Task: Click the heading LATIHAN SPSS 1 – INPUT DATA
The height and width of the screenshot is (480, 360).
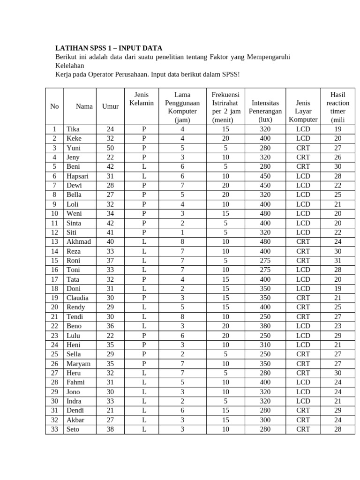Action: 109,48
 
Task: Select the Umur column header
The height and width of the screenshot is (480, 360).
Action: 110,106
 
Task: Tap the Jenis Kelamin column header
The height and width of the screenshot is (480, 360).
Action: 141,99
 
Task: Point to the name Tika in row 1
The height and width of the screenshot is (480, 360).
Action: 73,129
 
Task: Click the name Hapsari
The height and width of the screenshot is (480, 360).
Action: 78,176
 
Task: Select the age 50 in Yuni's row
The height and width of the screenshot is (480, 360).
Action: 110,148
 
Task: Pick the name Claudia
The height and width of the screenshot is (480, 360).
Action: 77,298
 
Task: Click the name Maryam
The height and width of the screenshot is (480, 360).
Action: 78,363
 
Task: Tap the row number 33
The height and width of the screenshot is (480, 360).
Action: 54,429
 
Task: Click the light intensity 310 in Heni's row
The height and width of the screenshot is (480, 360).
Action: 265,345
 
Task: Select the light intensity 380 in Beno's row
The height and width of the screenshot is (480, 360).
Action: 265,326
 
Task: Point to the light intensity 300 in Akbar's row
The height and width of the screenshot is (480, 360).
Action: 265,420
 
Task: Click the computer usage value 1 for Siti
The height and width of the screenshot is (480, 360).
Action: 182,232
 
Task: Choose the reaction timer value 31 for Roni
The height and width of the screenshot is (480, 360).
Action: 337,260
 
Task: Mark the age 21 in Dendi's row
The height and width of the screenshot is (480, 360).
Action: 110,410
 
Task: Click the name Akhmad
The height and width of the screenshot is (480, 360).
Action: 79,241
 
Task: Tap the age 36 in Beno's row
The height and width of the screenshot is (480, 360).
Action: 110,326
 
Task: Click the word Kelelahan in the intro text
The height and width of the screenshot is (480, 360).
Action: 70,66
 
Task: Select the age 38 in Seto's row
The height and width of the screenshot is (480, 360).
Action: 110,429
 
